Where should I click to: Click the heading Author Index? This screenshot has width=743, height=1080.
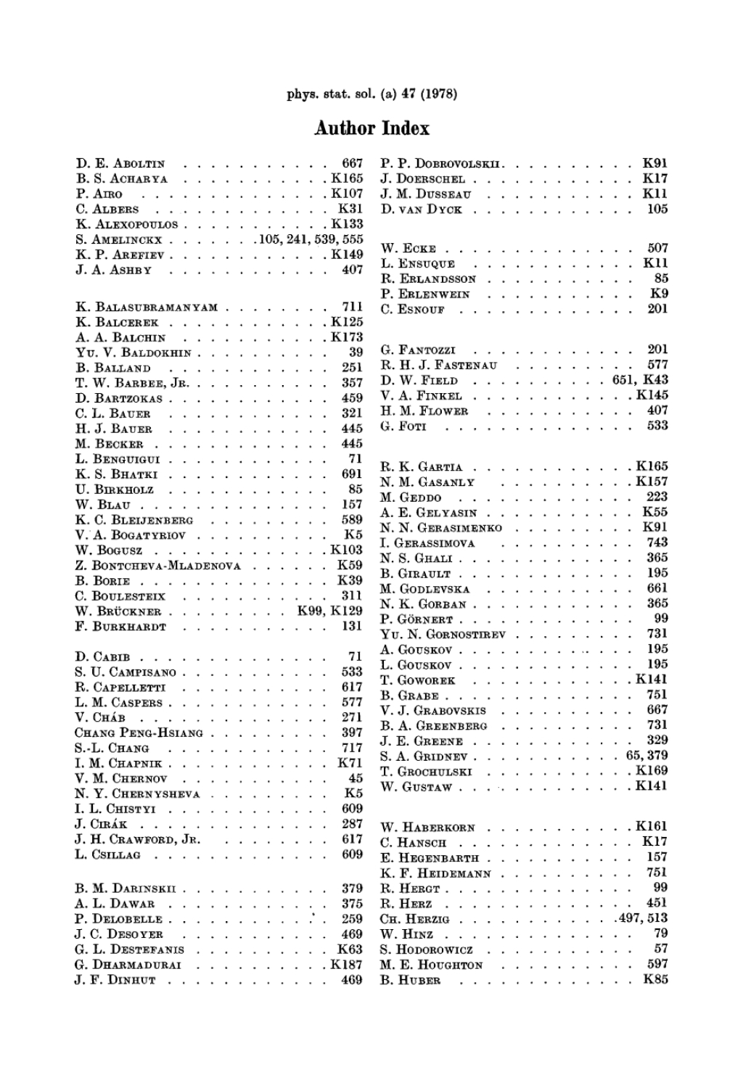pos(371,129)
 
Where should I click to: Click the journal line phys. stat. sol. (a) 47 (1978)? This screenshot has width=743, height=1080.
pos(371,93)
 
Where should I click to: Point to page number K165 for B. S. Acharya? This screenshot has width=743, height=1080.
pos(347,178)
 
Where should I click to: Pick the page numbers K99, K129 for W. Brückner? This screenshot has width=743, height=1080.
pos(330,611)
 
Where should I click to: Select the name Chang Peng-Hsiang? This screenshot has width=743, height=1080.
pos(139,733)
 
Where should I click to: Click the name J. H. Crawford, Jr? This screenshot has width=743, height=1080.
pos(138,840)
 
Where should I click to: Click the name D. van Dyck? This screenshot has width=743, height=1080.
pos(422,210)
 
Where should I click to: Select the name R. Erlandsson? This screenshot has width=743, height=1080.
pos(429,279)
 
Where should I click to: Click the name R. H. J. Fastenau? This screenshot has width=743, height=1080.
pos(439,366)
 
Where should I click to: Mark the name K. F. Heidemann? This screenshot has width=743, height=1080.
pos(436,873)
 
